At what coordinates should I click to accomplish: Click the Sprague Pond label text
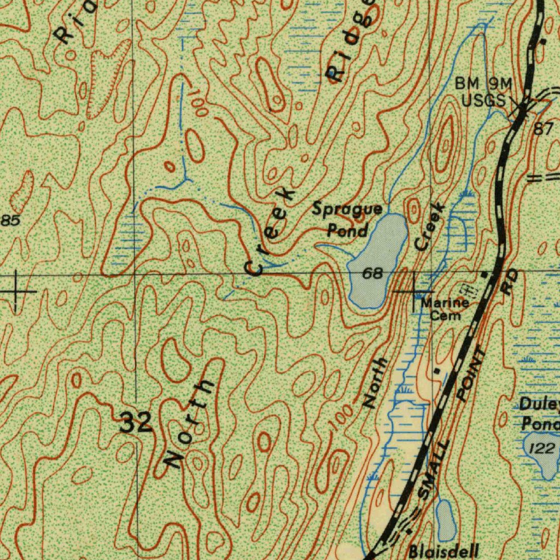(x=347, y=219)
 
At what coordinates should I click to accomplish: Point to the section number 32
(x=136, y=423)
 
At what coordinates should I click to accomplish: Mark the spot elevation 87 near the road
(x=543, y=129)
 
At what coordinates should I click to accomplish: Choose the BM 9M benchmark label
(x=483, y=84)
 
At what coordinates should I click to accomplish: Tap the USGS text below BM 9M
(x=483, y=101)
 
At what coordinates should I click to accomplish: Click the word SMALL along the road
(x=434, y=470)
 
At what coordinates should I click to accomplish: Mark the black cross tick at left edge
(x=16, y=291)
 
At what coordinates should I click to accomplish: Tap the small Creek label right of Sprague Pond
(x=431, y=226)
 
